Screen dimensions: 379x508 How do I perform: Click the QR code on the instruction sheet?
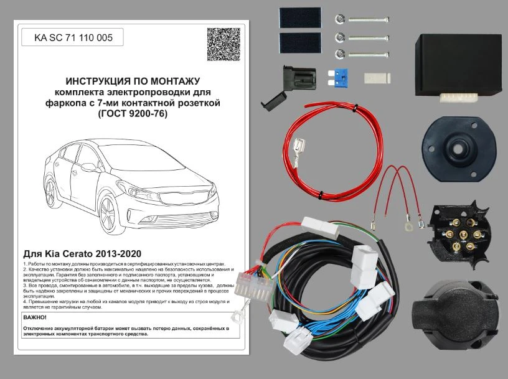223,44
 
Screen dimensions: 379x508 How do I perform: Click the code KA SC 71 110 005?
73,38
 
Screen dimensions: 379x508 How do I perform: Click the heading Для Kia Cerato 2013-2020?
82,254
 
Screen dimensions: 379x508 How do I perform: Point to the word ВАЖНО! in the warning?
35,317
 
